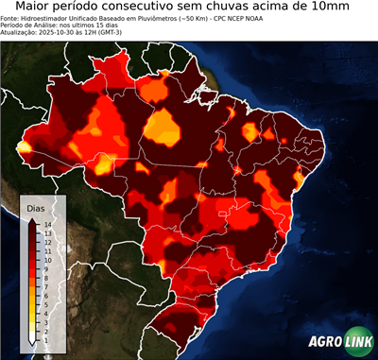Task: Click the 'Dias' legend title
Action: (36, 207)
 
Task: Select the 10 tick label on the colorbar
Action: (47, 257)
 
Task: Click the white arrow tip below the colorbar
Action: (33, 339)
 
